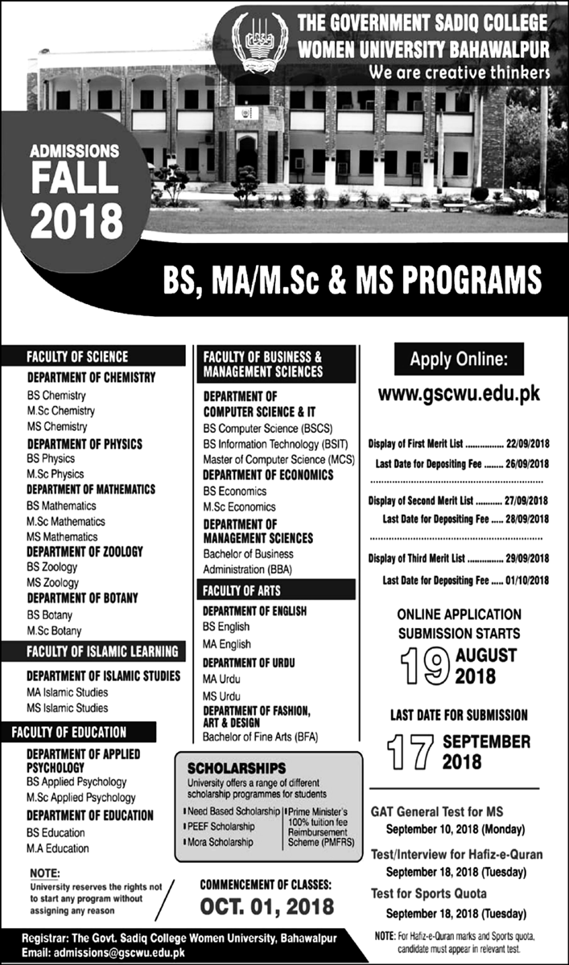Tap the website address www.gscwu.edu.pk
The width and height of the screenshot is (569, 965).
(x=459, y=395)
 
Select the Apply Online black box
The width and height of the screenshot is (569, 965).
(x=459, y=359)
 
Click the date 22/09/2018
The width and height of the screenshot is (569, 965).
(x=527, y=443)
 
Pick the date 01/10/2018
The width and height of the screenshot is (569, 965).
(x=527, y=580)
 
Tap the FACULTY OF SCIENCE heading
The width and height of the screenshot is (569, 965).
(x=77, y=356)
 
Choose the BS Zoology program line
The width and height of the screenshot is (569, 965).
(x=52, y=567)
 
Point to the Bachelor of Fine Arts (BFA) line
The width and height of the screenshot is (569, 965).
(x=258, y=736)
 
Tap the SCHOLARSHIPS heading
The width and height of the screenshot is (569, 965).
(x=237, y=768)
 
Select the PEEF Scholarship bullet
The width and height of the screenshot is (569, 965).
(x=221, y=826)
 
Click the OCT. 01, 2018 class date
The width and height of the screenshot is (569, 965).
(x=266, y=907)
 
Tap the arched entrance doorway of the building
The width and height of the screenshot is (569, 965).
(x=246, y=153)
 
